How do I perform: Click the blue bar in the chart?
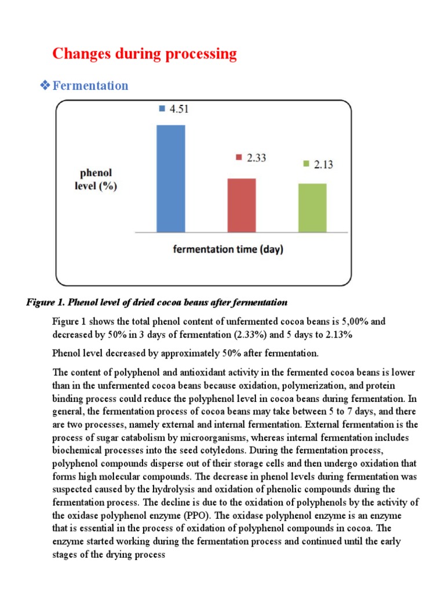tap(171, 178)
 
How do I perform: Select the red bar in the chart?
tap(242, 205)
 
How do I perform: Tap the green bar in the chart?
tap(312, 207)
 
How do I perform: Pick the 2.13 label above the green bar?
tap(323, 164)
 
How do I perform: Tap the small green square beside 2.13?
tap(305, 164)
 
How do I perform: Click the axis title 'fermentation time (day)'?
tap(226, 250)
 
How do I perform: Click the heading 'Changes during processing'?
tap(144, 54)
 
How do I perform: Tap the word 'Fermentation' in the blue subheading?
tap(90, 86)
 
